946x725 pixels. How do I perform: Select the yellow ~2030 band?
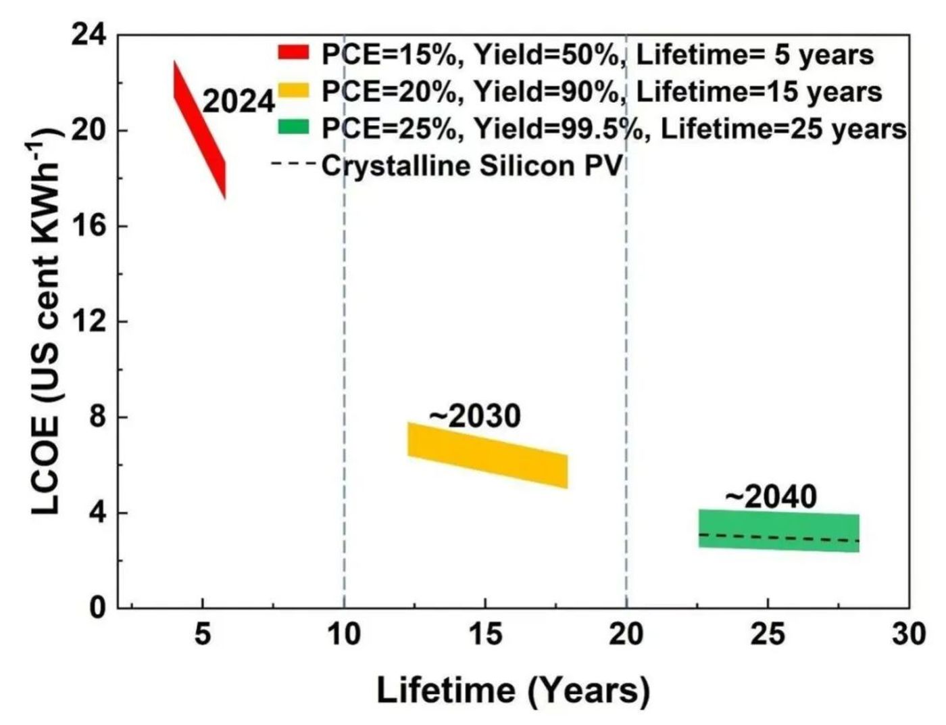[x=487, y=455]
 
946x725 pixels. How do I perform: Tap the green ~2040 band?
[x=778, y=531]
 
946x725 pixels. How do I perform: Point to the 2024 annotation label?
[x=239, y=102]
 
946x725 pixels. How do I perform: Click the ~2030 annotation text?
[x=475, y=417]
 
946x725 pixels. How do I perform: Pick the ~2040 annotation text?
[x=771, y=497]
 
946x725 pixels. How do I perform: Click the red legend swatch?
[x=293, y=52]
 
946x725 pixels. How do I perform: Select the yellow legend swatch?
[x=293, y=89]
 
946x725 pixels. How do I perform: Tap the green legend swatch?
[x=293, y=126]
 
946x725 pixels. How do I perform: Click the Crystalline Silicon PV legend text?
[x=472, y=165]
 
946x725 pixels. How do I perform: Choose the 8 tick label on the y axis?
[x=97, y=417]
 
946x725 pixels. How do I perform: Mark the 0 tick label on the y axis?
[x=97, y=607]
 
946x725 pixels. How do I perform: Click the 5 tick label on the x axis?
[x=203, y=634]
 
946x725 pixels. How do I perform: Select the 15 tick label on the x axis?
[x=485, y=634]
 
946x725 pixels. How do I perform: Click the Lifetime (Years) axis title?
[x=513, y=691]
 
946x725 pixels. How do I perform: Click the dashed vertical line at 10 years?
[x=345, y=338]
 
